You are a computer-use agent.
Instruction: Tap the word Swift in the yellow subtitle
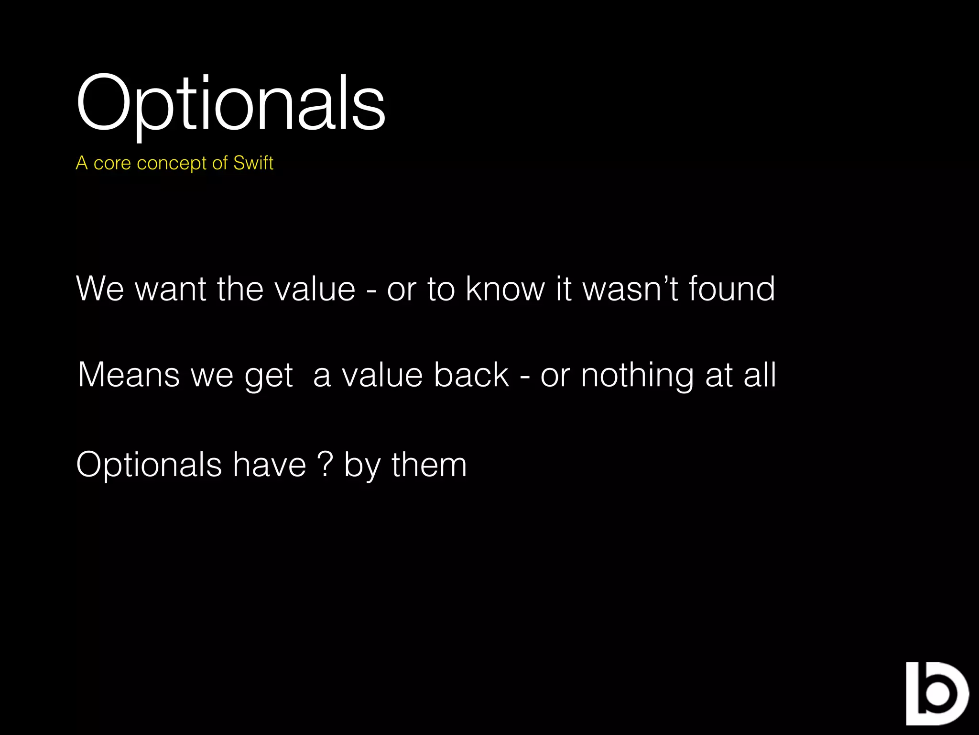click(x=253, y=163)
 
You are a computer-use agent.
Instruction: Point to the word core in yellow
click(x=112, y=163)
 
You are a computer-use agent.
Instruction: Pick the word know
click(x=505, y=289)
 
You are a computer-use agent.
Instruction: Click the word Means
click(x=129, y=375)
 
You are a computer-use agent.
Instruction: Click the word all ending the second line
click(x=760, y=375)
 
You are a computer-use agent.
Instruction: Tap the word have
click(x=269, y=465)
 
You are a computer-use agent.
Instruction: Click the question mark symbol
click(x=325, y=465)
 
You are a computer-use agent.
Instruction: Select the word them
click(x=429, y=465)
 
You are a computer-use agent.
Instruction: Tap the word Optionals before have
click(x=149, y=466)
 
